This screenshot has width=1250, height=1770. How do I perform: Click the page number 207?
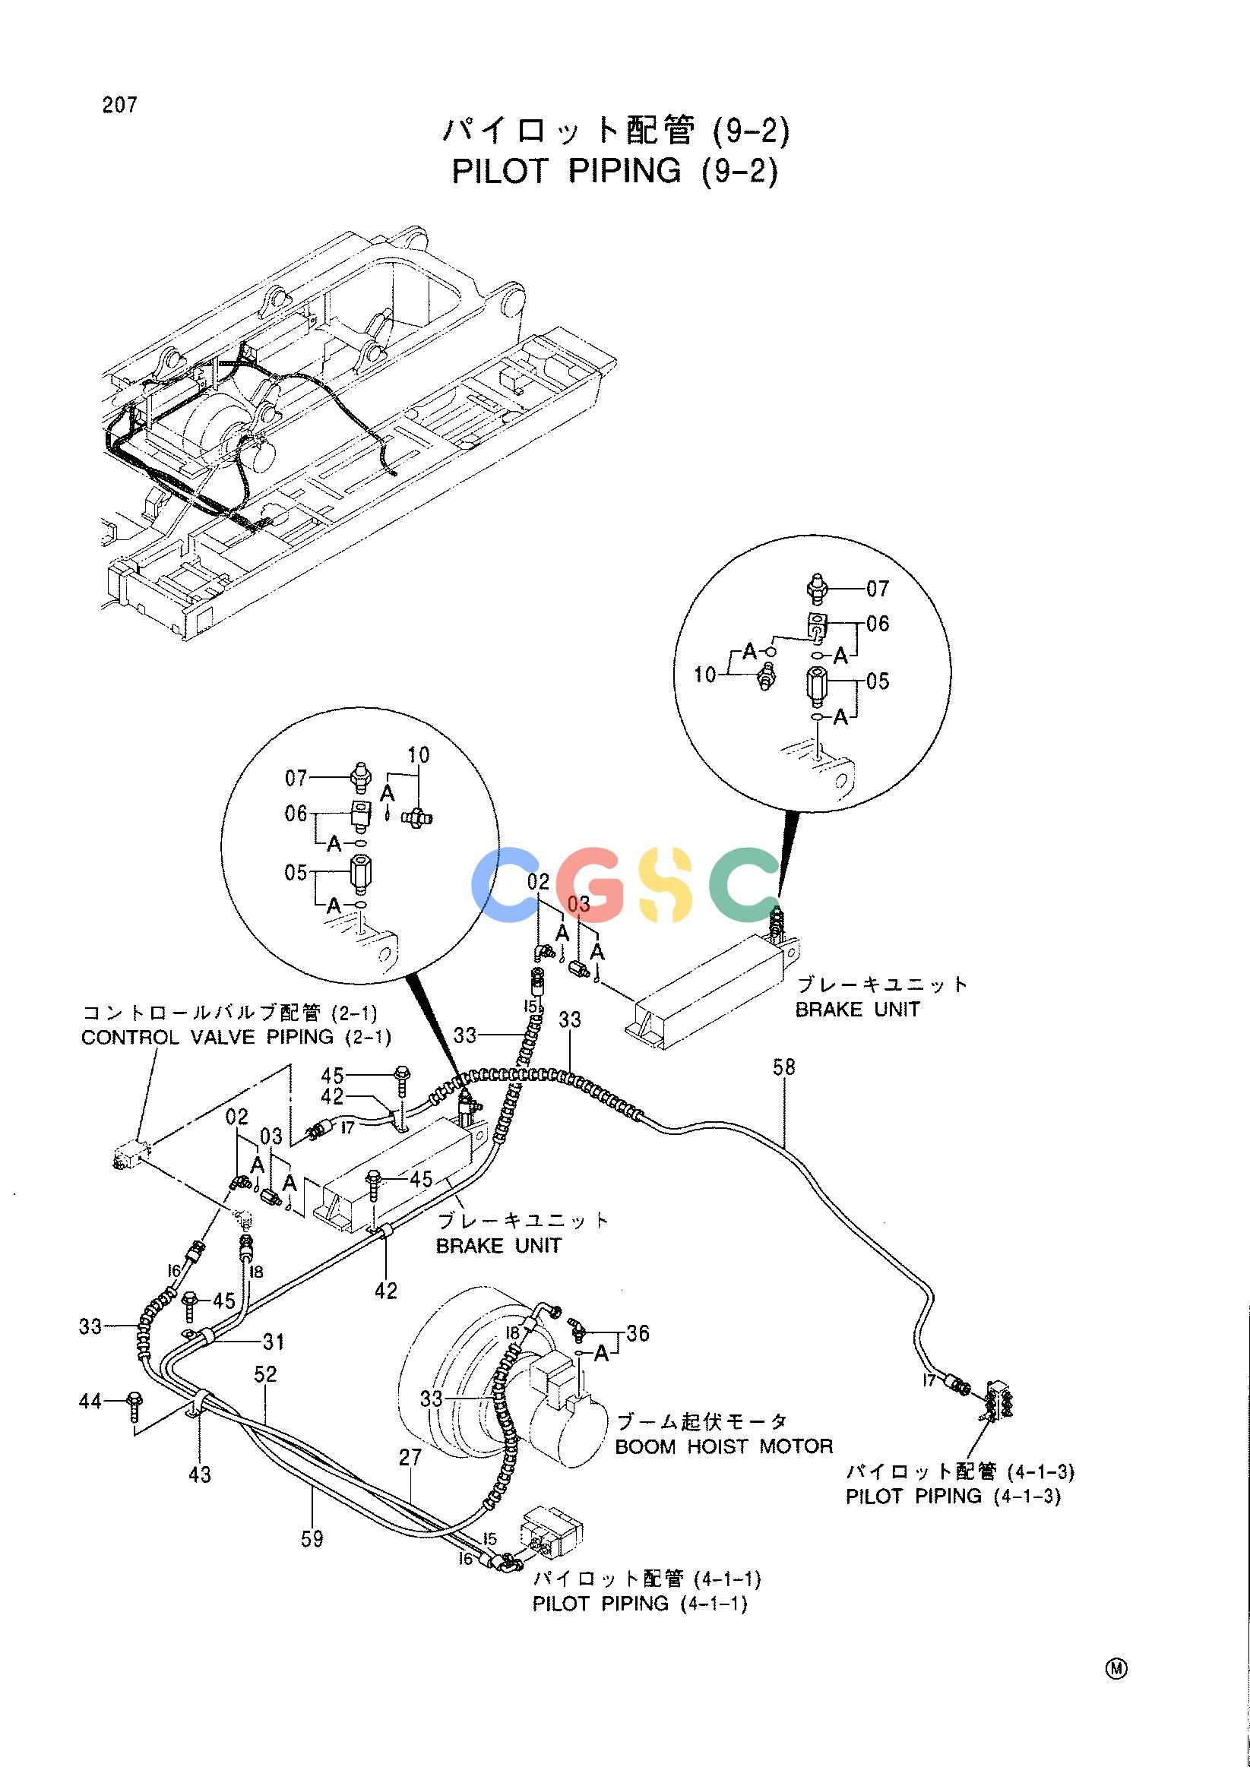119,105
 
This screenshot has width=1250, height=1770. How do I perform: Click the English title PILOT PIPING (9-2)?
615,171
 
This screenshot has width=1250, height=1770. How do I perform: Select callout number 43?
199,1474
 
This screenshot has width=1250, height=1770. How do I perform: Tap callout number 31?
274,1342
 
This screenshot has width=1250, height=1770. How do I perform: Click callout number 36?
638,1333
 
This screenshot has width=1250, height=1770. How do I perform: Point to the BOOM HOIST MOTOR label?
724,1446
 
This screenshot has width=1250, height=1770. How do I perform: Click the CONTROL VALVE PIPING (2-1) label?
236,1037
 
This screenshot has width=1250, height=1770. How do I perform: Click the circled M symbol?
1116,1662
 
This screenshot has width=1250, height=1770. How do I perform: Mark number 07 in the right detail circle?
878,589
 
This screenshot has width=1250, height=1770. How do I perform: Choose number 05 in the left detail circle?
296,873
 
